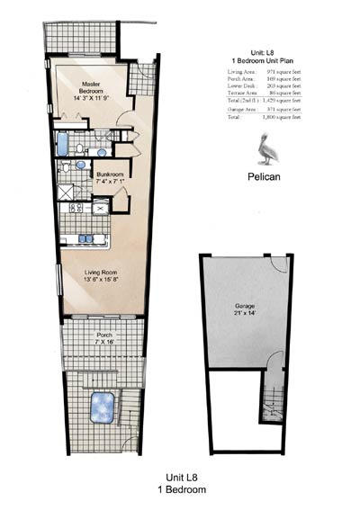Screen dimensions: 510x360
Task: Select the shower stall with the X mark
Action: tap(67, 191)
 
